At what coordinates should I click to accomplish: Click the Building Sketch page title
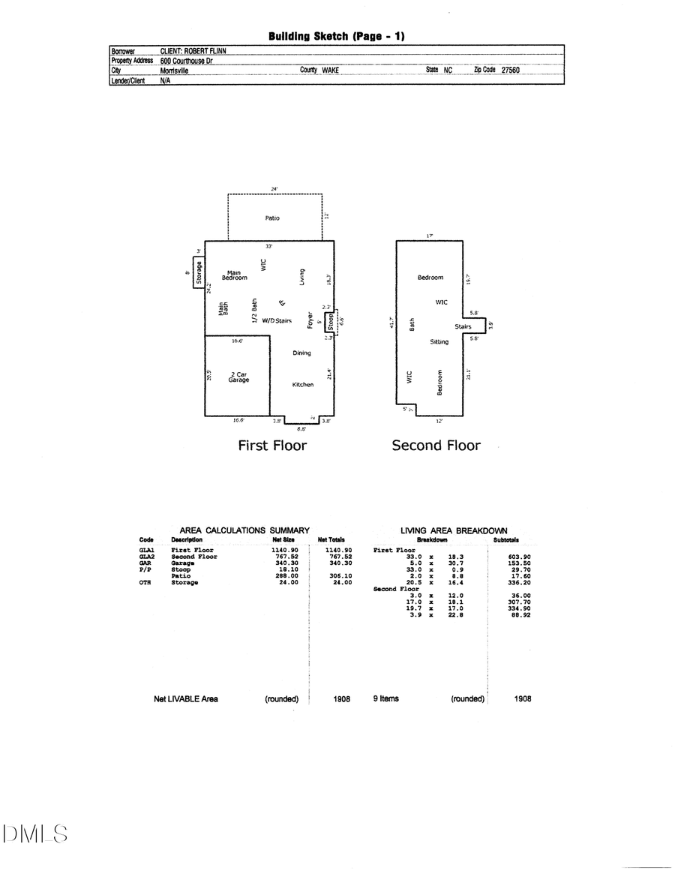[x=337, y=36]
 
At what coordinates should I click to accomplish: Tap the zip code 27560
[x=510, y=70]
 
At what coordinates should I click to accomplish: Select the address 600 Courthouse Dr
[x=187, y=61]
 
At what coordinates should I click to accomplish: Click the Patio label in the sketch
[x=272, y=218]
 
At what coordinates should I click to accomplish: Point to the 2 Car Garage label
[x=238, y=377]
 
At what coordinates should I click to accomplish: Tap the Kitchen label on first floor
[x=303, y=385]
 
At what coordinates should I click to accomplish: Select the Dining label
[x=301, y=353]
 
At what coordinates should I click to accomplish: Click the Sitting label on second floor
[x=439, y=342]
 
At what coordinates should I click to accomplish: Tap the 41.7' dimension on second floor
[x=391, y=323]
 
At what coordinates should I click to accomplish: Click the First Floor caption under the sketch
[x=272, y=446]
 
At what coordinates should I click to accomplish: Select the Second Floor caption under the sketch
[x=436, y=446]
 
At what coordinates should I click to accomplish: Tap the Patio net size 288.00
[x=279, y=576]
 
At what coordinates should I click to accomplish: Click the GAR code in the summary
[x=145, y=563]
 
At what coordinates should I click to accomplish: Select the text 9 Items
[x=386, y=698]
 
